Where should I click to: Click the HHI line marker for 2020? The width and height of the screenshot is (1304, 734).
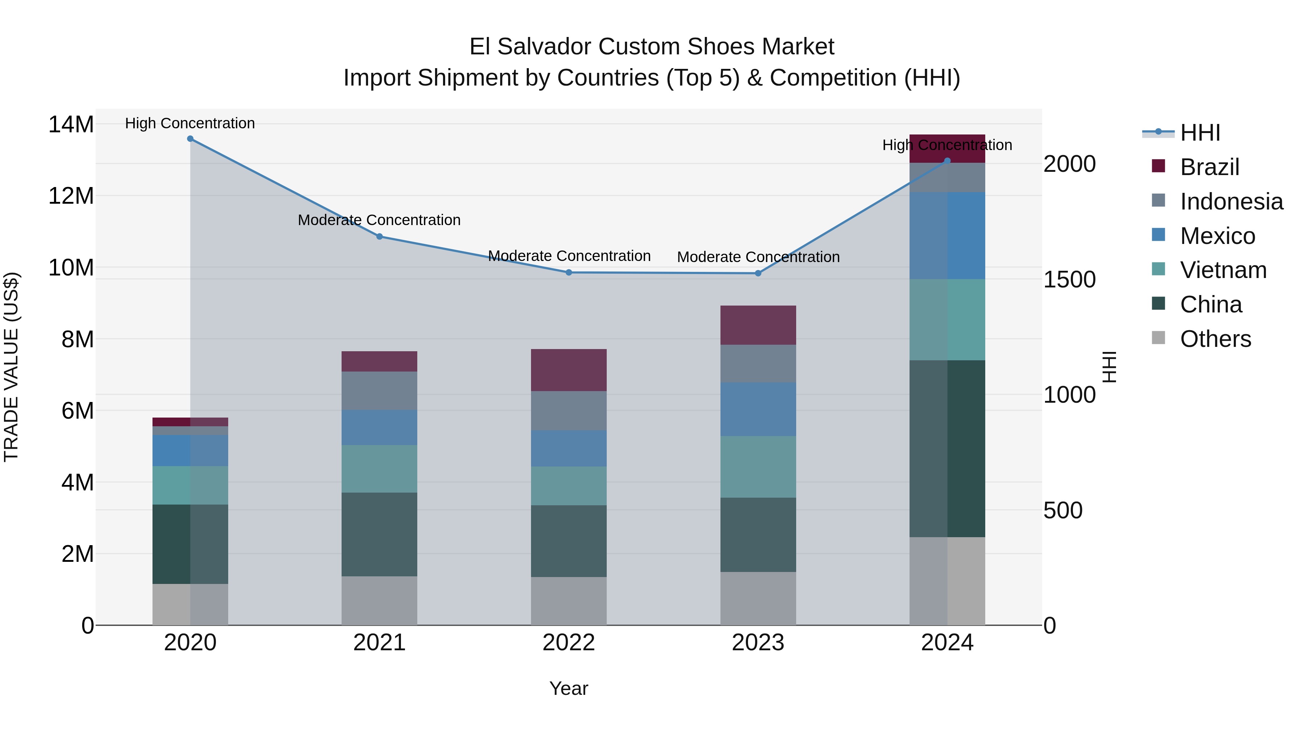tap(190, 139)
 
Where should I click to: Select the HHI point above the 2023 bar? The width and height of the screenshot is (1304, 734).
tap(758, 274)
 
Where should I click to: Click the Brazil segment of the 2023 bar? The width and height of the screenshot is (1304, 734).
tap(758, 325)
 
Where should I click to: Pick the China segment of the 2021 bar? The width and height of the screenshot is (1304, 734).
tap(379, 534)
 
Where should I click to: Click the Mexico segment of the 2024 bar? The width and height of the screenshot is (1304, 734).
tap(947, 236)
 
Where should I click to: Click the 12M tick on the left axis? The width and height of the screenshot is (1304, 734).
tap(71, 195)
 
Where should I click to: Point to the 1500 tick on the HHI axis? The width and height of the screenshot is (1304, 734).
tap(1069, 279)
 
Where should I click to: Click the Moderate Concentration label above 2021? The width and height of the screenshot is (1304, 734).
tap(379, 220)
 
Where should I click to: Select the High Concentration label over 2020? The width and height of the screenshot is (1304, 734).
tap(190, 123)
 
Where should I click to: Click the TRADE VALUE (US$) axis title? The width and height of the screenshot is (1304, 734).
tap(11, 367)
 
